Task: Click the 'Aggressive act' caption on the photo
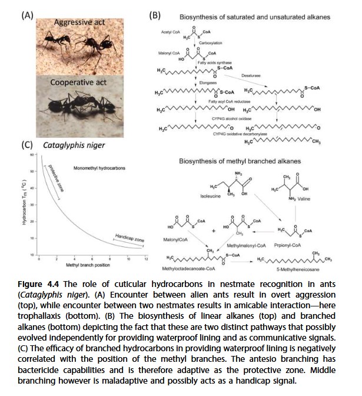[x=79, y=22]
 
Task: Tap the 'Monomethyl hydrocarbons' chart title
[x=98, y=169]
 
